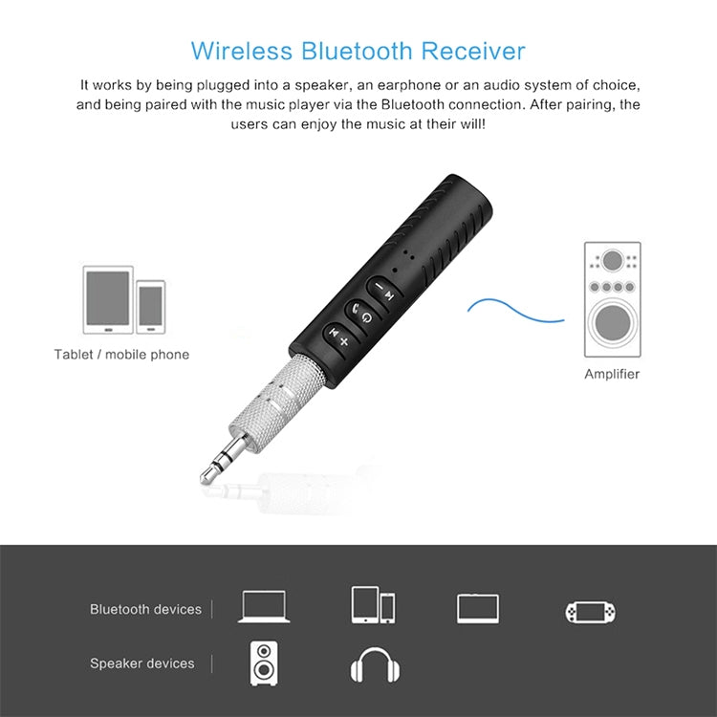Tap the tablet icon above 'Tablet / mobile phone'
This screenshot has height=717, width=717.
pos(107,300)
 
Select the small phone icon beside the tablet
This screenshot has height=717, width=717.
pos(151,306)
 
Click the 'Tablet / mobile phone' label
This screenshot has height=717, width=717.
pos(121,355)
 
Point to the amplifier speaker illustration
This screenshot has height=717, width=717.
pos(612,298)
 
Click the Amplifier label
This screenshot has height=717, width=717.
pos(612,374)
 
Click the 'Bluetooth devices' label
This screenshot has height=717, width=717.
pos(145,609)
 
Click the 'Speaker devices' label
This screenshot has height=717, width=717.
pos(141,663)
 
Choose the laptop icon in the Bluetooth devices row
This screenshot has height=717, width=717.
pos(265,607)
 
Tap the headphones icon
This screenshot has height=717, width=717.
pos(374,663)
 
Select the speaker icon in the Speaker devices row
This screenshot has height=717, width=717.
pos(265,662)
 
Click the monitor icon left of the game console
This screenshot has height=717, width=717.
pos(478,608)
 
